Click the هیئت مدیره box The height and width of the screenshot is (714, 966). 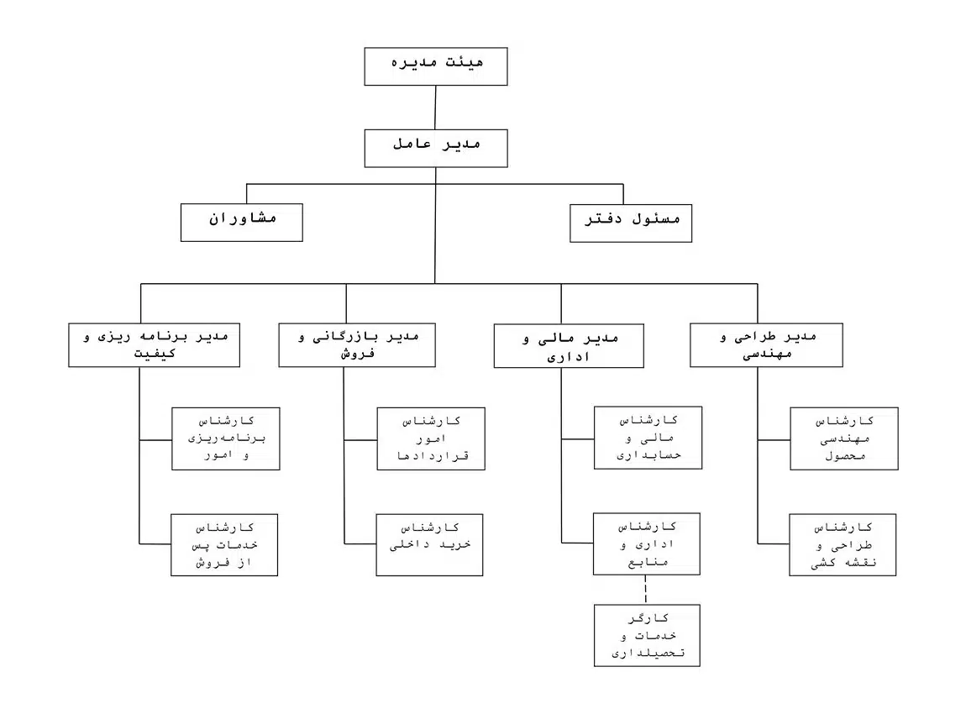(436, 66)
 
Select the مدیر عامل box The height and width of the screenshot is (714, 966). (436, 149)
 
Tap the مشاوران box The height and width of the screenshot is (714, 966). (242, 223)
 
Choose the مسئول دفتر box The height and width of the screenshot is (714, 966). (630, 223)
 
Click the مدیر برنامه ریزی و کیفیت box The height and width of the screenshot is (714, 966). (154, 345)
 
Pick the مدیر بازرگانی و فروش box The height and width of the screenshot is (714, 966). (357, 345)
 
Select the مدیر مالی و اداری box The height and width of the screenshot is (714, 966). (569, 345)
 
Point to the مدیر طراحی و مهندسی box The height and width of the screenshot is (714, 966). (766, 345)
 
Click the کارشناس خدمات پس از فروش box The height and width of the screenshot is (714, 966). (224, 545)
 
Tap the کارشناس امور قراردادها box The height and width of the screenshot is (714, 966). (431, 438)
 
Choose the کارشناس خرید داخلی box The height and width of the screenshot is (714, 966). (429, 545)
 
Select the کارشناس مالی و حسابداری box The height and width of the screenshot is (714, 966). (648, 438)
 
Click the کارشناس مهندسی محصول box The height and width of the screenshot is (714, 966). (844, 438)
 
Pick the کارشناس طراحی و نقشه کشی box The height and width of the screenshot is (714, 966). (843, 545)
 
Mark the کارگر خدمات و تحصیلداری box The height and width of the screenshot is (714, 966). (647, 635)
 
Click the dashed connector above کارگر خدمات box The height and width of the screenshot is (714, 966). (646, 590)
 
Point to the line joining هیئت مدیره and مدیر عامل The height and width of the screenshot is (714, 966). (436, 108)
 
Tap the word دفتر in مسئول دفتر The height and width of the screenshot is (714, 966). (603, 218)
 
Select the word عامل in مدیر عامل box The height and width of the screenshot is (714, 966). (412, 144)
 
